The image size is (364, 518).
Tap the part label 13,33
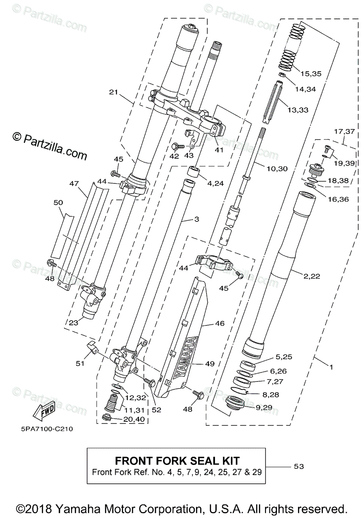pos(298,110)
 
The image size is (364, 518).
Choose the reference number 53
pos(298,467)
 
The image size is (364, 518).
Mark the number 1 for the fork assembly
pos(331,367)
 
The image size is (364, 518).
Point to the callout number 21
pos(114,92)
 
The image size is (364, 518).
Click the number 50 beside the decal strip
pos(58,202)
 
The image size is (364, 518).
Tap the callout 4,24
pos(216,183)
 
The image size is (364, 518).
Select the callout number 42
pos(174,156)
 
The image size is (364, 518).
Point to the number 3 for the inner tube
pos(197,220)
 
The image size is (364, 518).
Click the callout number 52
pos(156,410)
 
